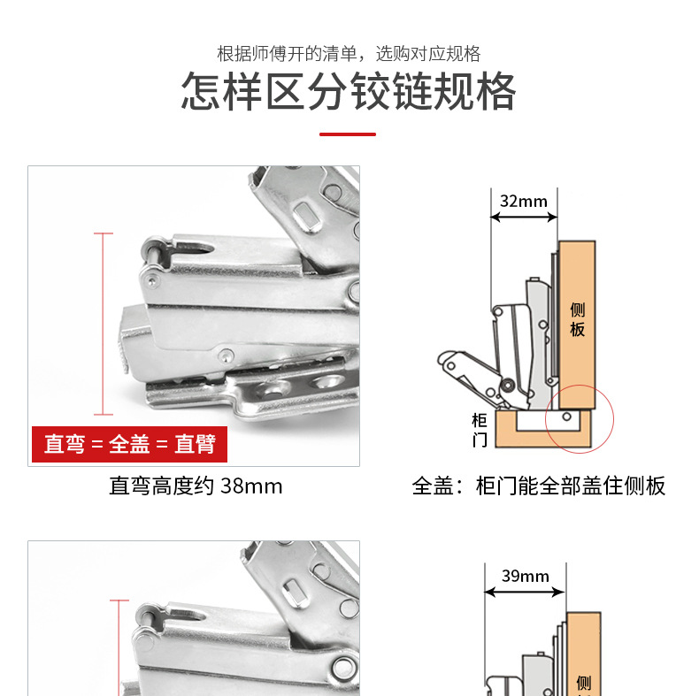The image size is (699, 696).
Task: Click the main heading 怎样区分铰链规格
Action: click(x=349, y=91)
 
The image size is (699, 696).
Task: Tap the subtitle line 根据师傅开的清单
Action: click(x=287, y=54)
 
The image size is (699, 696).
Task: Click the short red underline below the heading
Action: click(x=348, y=134)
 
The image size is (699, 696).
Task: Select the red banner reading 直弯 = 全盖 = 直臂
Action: click(x=129, y=444)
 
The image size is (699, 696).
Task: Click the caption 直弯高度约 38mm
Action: click(x=196, y=486)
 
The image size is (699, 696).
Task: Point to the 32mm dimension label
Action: click(x=524, y=202)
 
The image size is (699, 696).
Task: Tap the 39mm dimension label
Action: click(x=526, y=576)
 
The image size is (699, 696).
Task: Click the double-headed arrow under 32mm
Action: click(x=524, y=218)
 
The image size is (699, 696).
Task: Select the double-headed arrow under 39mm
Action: click(x=525, y=593)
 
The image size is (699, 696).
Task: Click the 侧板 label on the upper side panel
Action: click(x=577, y=319)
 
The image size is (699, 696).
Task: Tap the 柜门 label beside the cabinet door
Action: click(x=480, y=430)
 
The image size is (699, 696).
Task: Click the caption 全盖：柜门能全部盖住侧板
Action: click(x=539, y=486)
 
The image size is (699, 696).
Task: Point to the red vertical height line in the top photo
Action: click(x=104, y=324)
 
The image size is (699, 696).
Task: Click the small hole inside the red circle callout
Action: click(x=566, y=417)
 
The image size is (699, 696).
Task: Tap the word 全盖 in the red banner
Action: click(x=129, y=444)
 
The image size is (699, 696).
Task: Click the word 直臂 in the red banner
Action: click(x=196, y=444)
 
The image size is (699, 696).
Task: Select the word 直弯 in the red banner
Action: click(x=65, y=444)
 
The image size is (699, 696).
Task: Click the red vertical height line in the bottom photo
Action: click(x=119, y=648)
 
